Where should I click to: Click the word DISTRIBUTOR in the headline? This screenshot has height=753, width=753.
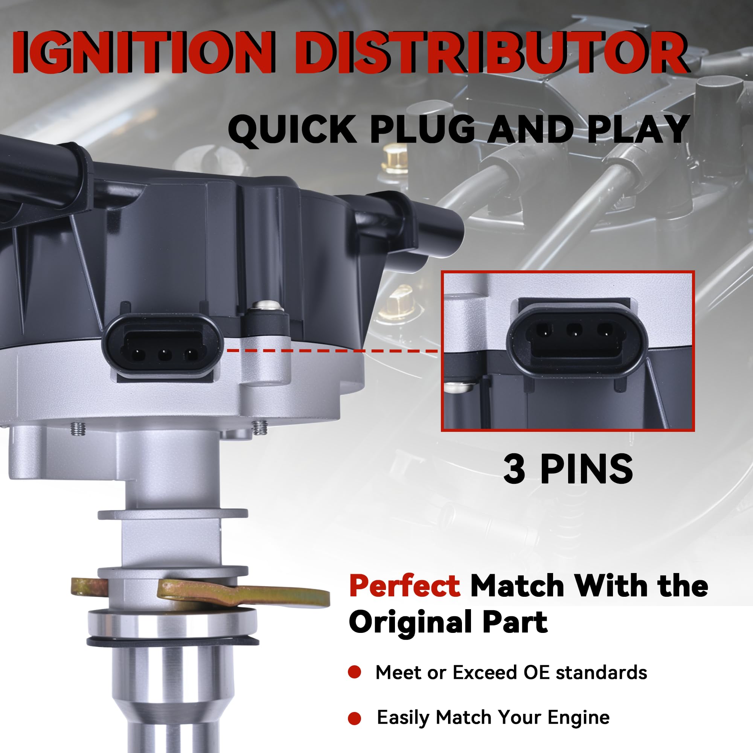[x=490, y=53]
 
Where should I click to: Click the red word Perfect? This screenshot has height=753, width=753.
[x=404, y=586]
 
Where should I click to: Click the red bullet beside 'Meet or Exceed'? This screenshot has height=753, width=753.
[x=355, y=672]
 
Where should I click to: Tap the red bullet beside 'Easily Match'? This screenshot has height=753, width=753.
[x=355, y=718]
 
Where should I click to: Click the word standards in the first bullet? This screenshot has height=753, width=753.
[x=601, y=672]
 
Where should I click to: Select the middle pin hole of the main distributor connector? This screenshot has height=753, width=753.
[x=164, y=355]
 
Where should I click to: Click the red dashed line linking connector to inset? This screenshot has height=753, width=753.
[x=331, y=351]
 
